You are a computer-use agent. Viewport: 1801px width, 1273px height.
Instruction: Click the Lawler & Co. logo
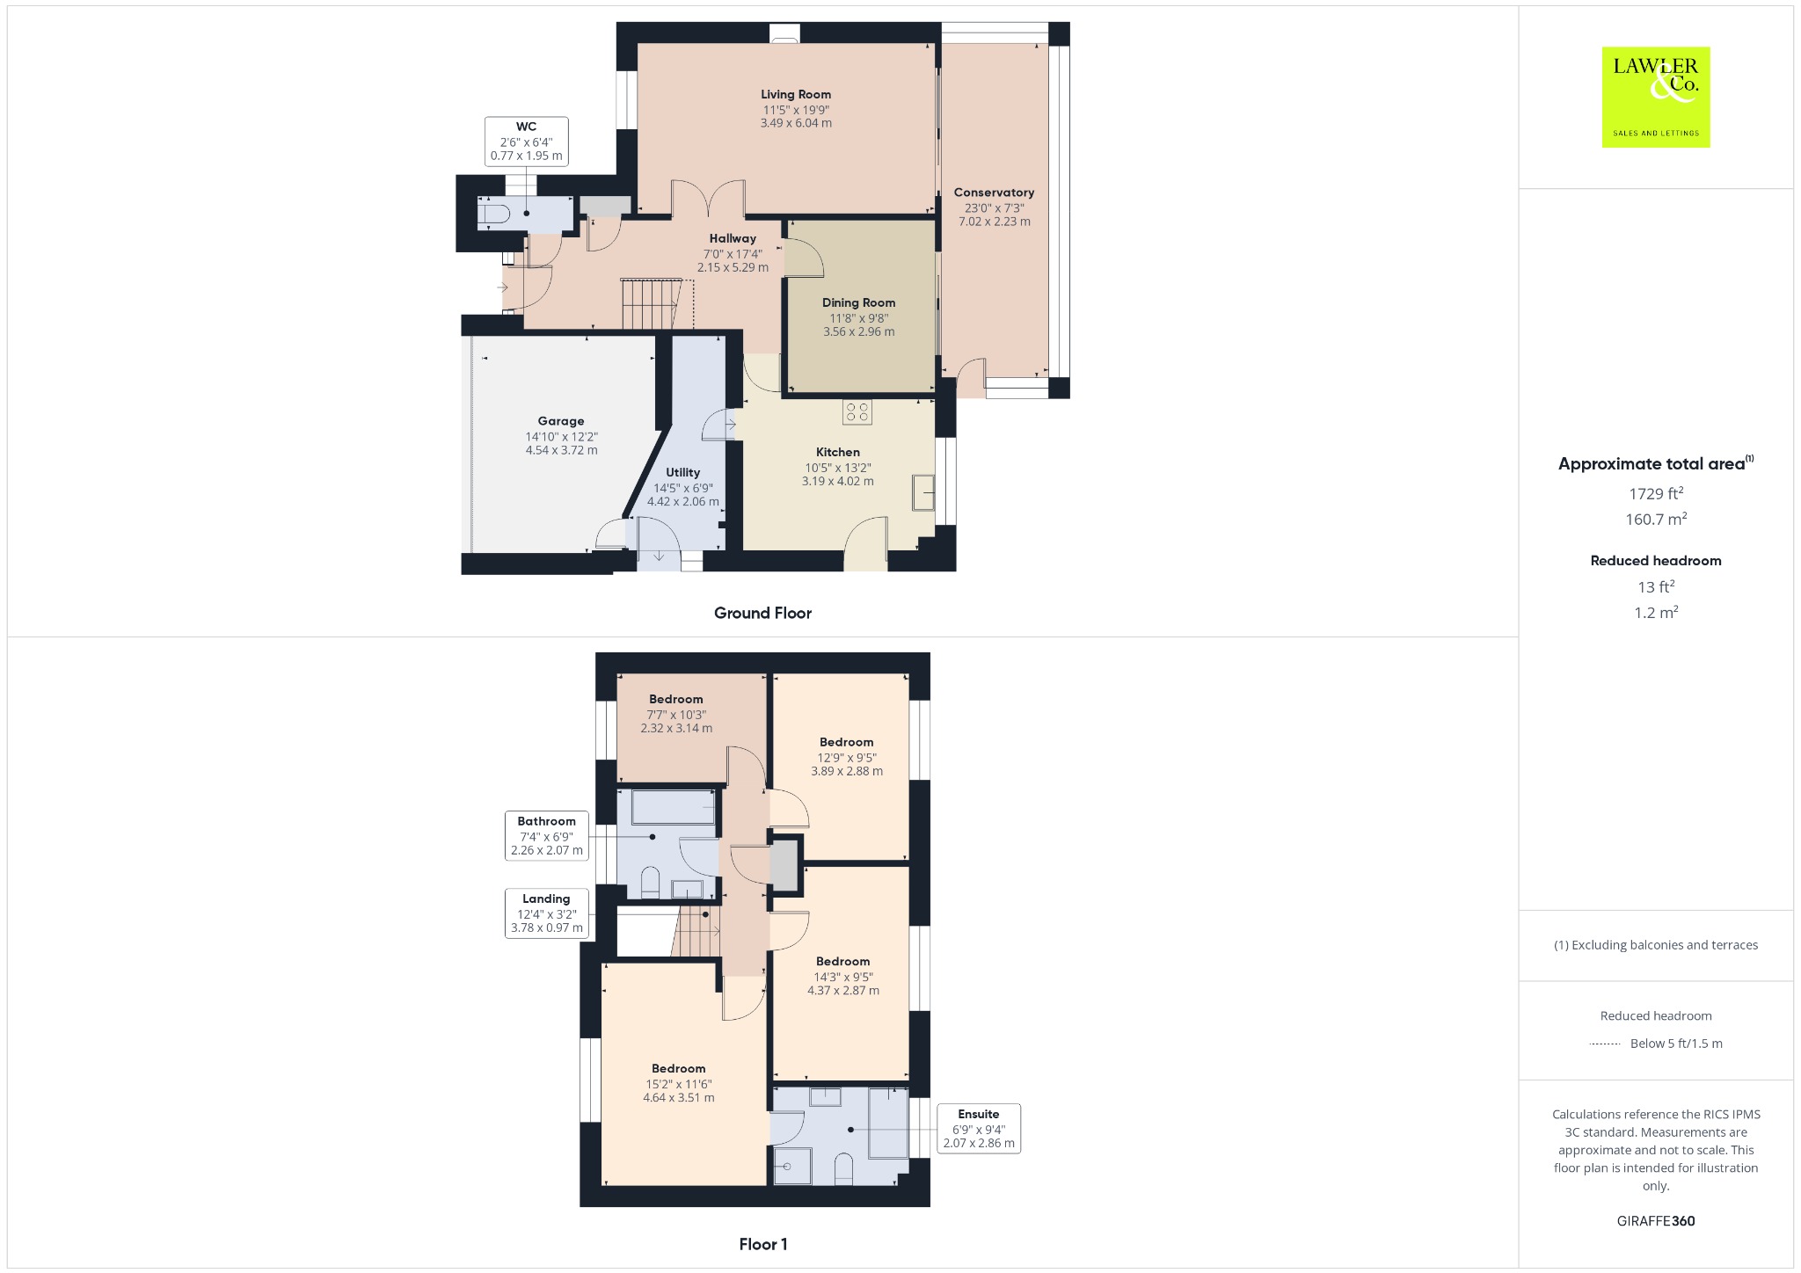(x=1655, y=97)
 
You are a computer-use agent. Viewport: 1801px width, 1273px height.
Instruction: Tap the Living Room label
(x=796, y=94)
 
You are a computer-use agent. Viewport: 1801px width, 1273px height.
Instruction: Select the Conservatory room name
(x=994, y=193)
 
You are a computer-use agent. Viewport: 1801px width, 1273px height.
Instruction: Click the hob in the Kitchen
(x=857, y=412)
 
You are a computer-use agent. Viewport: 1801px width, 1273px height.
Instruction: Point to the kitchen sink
(x=923, y=492)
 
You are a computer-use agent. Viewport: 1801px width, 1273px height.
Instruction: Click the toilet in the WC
(x=493, y=214)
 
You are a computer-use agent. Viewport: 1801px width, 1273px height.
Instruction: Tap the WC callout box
(x=526, y=142)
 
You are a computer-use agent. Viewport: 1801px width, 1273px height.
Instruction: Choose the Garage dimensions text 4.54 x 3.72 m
(x=561, y=450)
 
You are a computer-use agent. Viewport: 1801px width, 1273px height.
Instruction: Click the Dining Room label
(x=858, y=302)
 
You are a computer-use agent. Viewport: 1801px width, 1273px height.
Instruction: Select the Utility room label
(x=682, y=472)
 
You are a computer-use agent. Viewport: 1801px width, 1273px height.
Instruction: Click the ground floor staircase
(x=651, y=304)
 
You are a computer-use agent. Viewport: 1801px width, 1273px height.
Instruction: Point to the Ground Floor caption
(x=762, y=613)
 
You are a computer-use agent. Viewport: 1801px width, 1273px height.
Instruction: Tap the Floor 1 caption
(x=763, y=1244)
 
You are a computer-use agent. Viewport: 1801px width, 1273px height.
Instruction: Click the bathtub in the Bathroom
(x=673, y=807)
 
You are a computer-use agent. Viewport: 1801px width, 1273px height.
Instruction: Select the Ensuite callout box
(x=978, y=1128)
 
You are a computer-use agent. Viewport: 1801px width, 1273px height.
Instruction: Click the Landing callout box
(x=546, y=913)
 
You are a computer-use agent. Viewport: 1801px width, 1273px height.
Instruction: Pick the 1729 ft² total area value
(x=1656, y=494)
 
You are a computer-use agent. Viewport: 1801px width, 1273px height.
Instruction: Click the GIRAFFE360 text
(x=1656, y=1221)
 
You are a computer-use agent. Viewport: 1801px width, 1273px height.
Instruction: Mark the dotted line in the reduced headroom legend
(x=1605, y=1044)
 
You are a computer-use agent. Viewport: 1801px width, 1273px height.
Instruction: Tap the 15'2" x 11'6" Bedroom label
(x=678, y=1084)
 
